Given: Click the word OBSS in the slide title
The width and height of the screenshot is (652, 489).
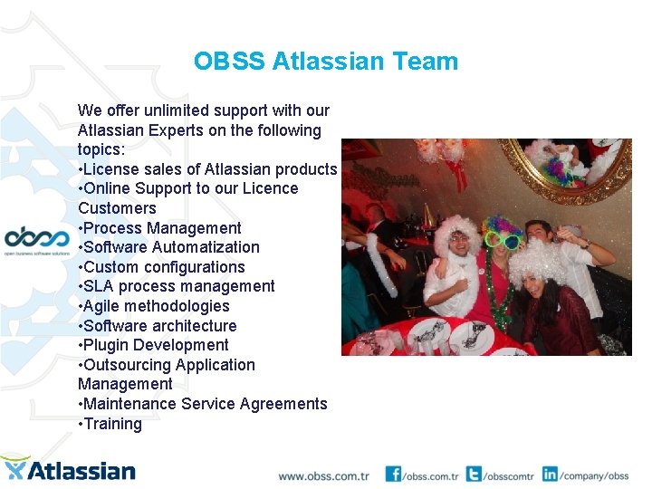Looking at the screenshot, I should point(229,62).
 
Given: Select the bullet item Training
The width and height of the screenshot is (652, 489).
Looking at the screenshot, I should point(112,424).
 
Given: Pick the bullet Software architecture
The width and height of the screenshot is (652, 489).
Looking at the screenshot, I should point(159,326).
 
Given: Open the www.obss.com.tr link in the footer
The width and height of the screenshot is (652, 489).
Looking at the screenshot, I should point(323,475).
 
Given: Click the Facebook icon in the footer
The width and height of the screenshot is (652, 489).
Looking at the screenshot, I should point(393,474).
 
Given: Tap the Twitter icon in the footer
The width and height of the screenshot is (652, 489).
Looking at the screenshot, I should point(474,474).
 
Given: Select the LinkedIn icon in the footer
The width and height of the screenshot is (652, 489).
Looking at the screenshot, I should point(550,474).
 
